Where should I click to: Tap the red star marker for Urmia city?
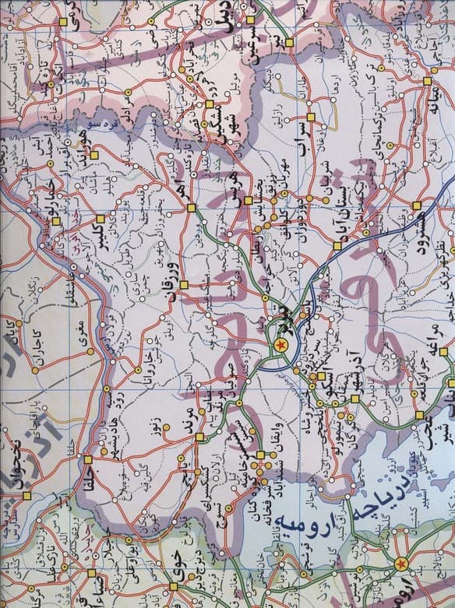pos(400,563)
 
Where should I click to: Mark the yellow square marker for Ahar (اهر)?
pos(191,207)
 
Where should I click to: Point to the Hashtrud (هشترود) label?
pos(433,226)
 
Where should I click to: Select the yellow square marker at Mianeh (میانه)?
pos(427,80)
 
